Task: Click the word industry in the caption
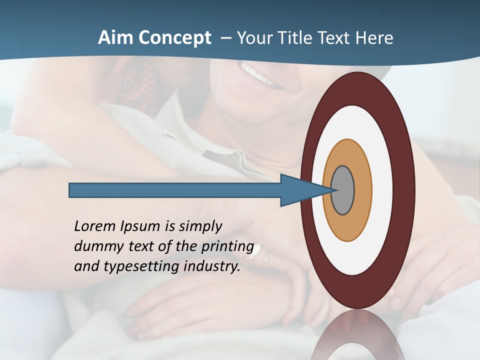pos(212,266)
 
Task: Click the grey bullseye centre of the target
pos(342,190)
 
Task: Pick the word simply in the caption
pos(200,227)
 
